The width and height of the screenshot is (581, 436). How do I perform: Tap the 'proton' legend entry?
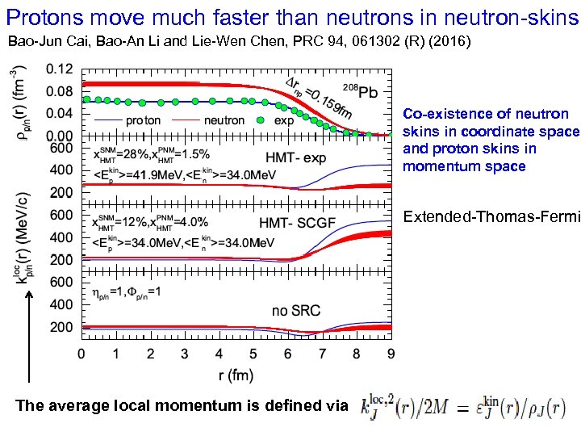click(x=143, y=120)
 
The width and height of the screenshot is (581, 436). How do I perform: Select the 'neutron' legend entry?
click(x=224, y=120)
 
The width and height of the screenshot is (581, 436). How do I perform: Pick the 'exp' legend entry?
click(x=284, y=120)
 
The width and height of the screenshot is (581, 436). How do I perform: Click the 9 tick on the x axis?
click(x=391, y=354)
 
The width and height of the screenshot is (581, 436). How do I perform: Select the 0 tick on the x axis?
click(x=81, y=354)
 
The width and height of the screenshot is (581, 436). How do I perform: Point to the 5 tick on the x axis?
click(x=253, y=354)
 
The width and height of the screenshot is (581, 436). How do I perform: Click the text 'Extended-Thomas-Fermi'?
click(x=491, y=216)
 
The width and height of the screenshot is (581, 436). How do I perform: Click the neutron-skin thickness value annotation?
click(x=317, y=93)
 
